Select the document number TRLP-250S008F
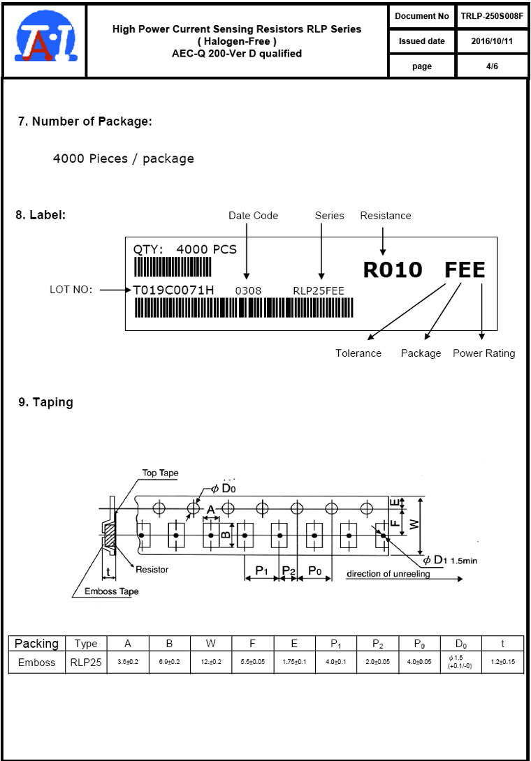(492, 15)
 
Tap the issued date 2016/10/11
(492, 41)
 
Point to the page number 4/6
(492, 66)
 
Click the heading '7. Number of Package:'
(85, 121)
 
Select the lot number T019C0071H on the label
(174, 290)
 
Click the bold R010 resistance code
(393, 270)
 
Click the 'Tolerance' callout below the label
(358, 353)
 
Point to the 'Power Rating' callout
(483, 353)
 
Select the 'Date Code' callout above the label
(253, 216)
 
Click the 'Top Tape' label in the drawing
(160, 473)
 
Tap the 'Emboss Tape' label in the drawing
(112, 591)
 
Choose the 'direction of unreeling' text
(388, 574)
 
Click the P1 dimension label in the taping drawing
(261, 571)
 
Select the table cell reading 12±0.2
(210, 662)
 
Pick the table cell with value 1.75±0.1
(294, 662)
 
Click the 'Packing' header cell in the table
(36, 644)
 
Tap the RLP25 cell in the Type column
(86, 662)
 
